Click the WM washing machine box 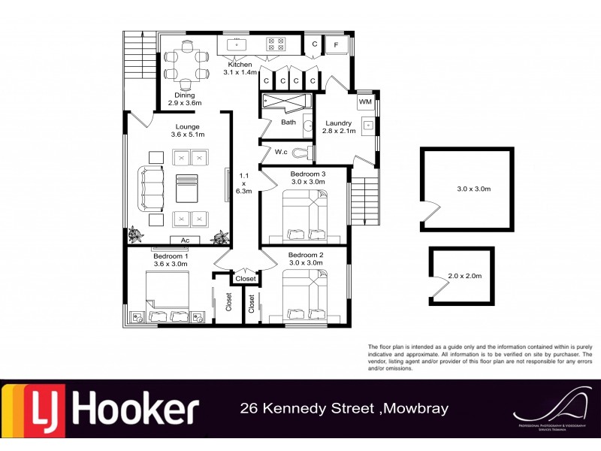tap(365, 101)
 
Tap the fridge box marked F tap(335, 46)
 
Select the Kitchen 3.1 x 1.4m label tap(240, 69)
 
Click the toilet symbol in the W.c tap(302, 153)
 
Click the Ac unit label tap(185, 240)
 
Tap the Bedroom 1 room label tap(170, 259)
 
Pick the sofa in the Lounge tap(152, 188)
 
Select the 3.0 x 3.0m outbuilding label tap(473, 189)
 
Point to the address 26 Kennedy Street tap(308, 409)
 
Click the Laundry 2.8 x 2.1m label tap(339, 127)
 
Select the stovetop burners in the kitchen tap(273, 44)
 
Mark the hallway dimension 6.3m tap(243, 191)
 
